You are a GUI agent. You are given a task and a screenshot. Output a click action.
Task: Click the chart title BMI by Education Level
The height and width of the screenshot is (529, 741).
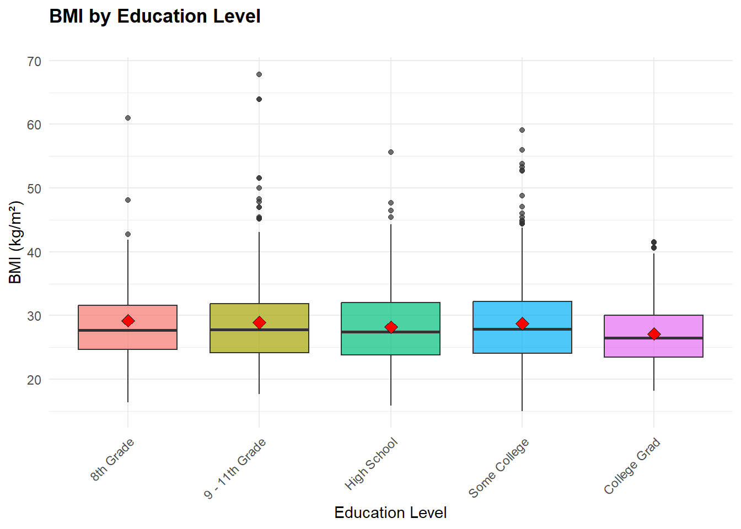pyautogui.click(x=155, y=17)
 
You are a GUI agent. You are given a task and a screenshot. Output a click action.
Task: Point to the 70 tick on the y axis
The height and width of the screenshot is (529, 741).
pyautogui.click(x=34, y=61)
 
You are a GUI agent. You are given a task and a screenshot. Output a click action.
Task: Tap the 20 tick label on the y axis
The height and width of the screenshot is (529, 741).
pyautogui.click(x=34, y=380)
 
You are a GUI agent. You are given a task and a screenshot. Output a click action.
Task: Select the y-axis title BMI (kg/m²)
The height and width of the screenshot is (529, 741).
pyautogui.click(x=15, y=242)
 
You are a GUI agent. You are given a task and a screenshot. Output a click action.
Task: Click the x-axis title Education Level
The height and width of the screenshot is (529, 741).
pyautogui.click(x=390, y=512)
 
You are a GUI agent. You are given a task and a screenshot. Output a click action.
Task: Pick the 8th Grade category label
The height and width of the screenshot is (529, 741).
pyautogui.click(x=112, y=460)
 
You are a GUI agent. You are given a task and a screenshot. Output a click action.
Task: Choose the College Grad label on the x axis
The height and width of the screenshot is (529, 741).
pyautogui.click(x=632, y=466)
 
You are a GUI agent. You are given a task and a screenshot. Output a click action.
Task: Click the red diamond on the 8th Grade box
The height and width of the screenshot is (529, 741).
pyautogui.click(x=128, y=321)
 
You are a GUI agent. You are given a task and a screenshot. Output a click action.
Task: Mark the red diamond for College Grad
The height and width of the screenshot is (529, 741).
pyautogui.click(x=654, y=334)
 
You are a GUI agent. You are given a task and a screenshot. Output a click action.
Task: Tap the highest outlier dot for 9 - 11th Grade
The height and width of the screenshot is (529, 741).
pyautogui.click(x=259, y=74)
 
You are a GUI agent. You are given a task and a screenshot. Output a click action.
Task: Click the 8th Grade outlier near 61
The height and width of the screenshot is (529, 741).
pyautogui.click(x=128, y=118)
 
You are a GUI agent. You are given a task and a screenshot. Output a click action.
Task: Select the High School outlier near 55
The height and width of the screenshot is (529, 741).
pyautogui.click(x=391, y=152)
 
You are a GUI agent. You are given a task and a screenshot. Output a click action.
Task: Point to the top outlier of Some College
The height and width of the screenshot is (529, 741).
pyautogui.click(x=522, y=130)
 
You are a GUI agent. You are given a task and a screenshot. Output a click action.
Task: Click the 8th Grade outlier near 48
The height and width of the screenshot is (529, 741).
pyautogui.click(x=128, y=200)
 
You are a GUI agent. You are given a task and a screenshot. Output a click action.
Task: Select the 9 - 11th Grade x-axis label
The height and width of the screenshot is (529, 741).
pyautogui.click(x=235, y=468)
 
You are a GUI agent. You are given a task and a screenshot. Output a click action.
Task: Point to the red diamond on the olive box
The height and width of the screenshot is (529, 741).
pyautogui.click(x=259, y=322)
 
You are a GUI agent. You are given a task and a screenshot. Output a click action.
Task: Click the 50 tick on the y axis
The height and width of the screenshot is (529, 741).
pyautogui.click(x=34, y=188)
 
